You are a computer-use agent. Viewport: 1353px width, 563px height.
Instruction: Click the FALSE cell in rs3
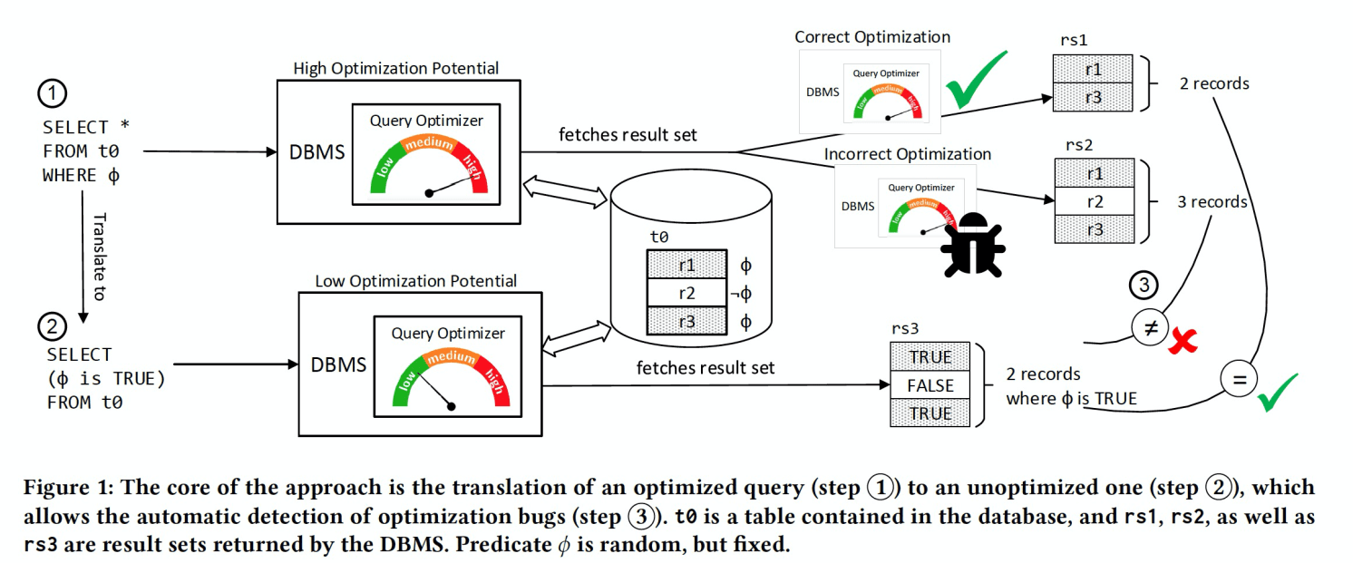point(930,385)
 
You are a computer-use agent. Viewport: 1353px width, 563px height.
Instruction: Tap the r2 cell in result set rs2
point(1094,201)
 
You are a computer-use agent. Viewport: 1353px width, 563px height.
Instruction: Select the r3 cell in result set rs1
point(1093,96)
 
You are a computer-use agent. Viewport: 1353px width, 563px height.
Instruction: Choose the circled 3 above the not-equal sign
point(1145,286)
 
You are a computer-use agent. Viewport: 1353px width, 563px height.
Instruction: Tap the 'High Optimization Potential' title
point(395,68)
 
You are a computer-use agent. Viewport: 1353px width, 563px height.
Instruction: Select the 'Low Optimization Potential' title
point(415,281)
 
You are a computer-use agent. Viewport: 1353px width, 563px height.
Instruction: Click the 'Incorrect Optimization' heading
point(907,154)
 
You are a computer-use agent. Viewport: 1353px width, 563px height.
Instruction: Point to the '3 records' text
point(1212,201)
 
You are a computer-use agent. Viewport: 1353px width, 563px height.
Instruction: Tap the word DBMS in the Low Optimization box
point(338,365)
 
